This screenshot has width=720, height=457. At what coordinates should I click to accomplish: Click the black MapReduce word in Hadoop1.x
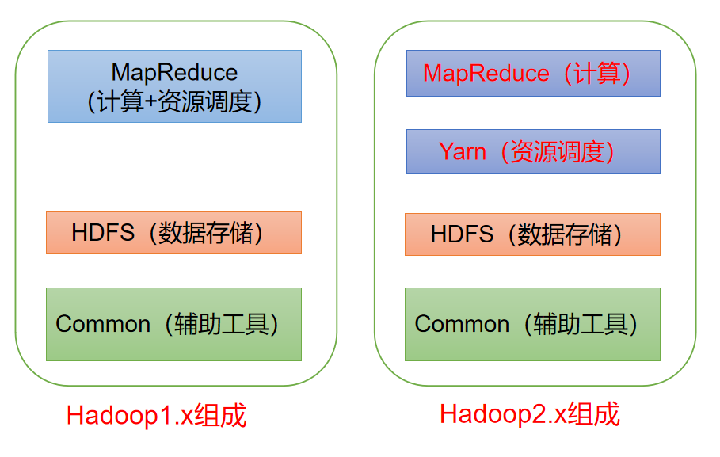pyautogui.click(x=174, y=73)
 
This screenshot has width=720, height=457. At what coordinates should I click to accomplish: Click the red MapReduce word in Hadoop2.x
pyautogui.click(x=486, y=74)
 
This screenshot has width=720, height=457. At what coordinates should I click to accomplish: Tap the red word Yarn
pyautogui.click(x=463, y=151)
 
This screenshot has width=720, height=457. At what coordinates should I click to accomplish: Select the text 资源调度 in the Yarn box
pyautogui.click(x=558, y=152)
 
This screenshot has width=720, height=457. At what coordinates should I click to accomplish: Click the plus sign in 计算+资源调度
pyautogui.click(x=151, y=102)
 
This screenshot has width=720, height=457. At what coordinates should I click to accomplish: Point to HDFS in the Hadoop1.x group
pyautogui.click(x=103, y=232)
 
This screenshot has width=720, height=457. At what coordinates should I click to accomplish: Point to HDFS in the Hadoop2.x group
pyautogui.click(x=462, y=234)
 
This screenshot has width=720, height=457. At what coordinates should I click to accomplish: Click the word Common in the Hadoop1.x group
pyautogui.click(x=103, y=324)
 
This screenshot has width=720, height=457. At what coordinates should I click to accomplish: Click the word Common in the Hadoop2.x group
pyautogui.click(x=462, y=324)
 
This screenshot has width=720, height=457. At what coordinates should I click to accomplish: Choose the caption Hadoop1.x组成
pyautogui.click(x=157, y=416)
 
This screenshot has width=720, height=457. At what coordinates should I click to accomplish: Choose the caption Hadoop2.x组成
pyautogui.click(x=530, y=413)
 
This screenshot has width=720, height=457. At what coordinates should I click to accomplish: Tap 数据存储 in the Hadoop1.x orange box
pyautogui.click(x=206, y=233)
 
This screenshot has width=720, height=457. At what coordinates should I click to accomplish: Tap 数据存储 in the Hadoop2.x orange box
pyautogui.click(x=565, y=234)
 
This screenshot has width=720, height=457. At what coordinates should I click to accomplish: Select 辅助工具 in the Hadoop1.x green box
pyautogui.click(x=221, y=324)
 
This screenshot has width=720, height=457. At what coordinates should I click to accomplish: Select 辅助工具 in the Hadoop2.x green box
pyautogui.click(x=581, y=324)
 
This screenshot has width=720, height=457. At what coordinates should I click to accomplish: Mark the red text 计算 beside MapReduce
pyautogui.click(x=597, y=74)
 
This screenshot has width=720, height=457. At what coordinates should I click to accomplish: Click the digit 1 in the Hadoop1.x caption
pyautogui.click(x=166, y=416)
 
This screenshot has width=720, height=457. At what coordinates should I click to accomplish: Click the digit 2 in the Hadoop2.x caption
pyautogui.click(x=539, y=413)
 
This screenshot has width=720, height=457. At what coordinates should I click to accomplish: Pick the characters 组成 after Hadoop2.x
pyautogui.click(x=594, y=413)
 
